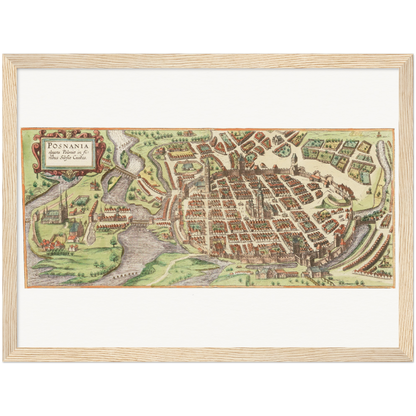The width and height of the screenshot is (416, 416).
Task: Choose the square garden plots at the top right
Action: click(335, 150)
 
